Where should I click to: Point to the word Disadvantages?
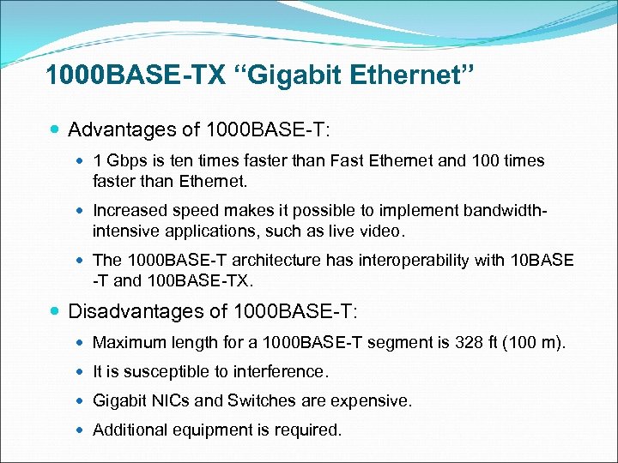click(x=135, y=310)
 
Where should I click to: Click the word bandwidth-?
click(x=504, y=210)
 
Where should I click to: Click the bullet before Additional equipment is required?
click(x=80, y=430)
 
